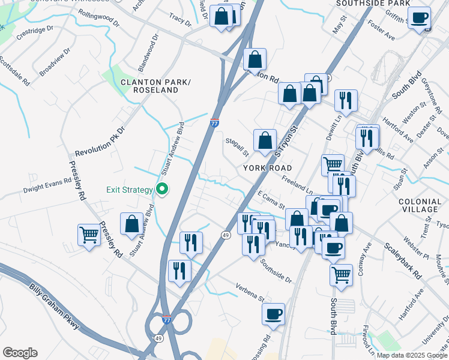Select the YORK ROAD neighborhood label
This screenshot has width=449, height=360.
click(267, 168)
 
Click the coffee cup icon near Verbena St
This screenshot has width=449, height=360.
click(274, 313)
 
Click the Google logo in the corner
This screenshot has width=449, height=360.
click(20, 353)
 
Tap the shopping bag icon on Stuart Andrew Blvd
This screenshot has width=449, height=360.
click(131, 224)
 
